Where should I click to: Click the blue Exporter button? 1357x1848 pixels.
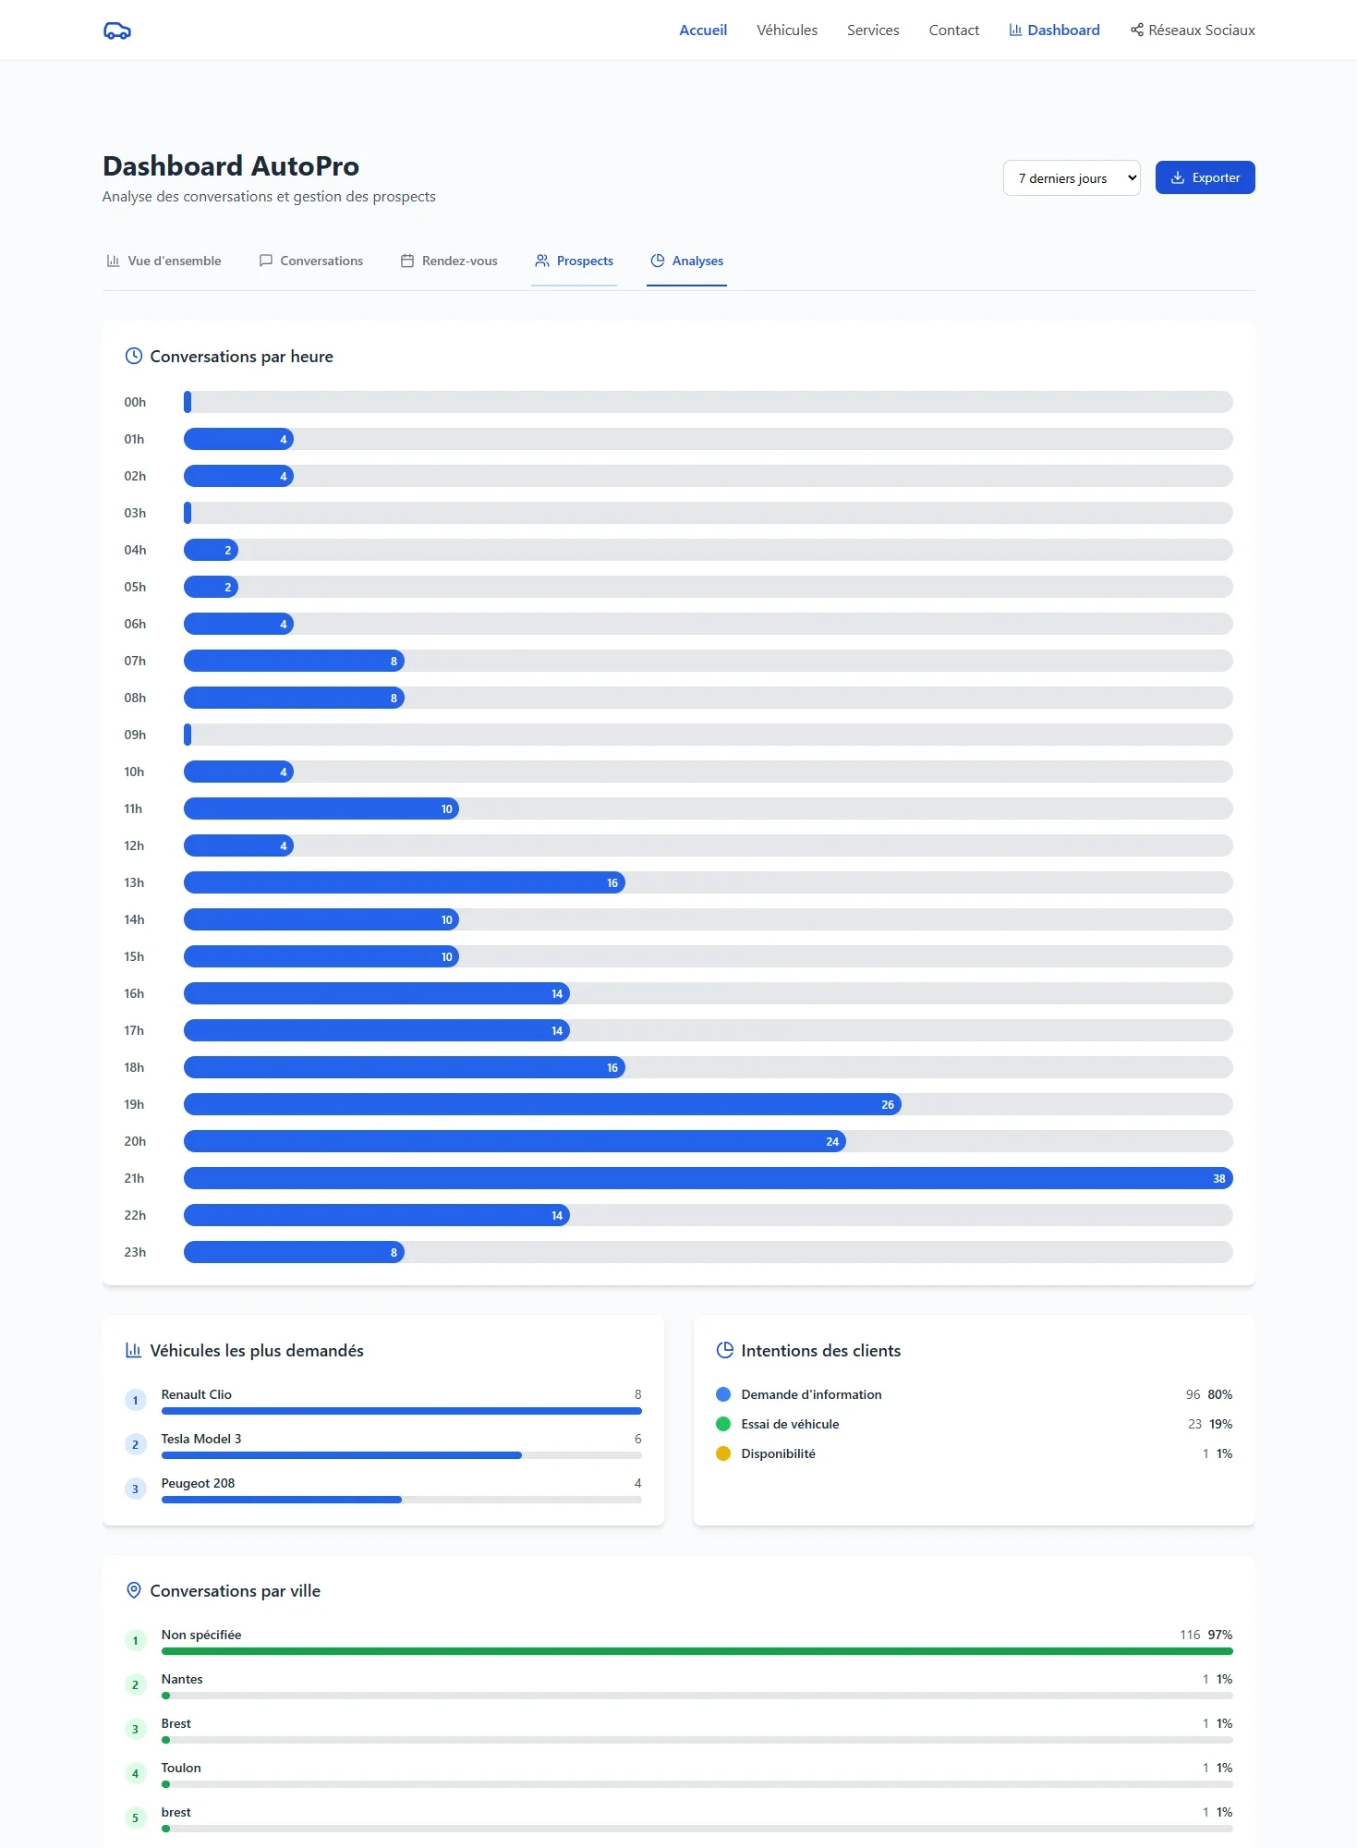1205,177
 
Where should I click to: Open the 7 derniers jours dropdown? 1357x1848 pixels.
1072,178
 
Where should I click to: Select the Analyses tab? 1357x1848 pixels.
686,261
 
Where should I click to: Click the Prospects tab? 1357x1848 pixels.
574,261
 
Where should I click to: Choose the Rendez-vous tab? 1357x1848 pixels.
449,261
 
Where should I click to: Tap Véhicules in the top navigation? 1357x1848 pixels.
787,30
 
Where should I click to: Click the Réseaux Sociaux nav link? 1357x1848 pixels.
1193,30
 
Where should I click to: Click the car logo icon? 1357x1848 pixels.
117,30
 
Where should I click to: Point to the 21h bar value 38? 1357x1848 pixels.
1218,1178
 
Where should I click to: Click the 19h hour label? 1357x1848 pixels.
134,1104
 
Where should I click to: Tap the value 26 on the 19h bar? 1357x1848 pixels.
887,1104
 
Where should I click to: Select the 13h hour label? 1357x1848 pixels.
134,882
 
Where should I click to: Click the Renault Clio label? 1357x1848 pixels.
196,1394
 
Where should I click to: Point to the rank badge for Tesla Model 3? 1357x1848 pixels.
136,1444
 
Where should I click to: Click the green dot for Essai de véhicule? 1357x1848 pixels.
723,1424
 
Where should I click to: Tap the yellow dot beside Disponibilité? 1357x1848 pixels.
723,1453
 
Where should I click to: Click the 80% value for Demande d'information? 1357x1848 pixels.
1219,1394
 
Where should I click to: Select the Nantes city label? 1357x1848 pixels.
182,1679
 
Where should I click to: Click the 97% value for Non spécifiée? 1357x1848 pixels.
1219,1635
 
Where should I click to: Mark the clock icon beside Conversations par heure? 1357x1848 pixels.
134,356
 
